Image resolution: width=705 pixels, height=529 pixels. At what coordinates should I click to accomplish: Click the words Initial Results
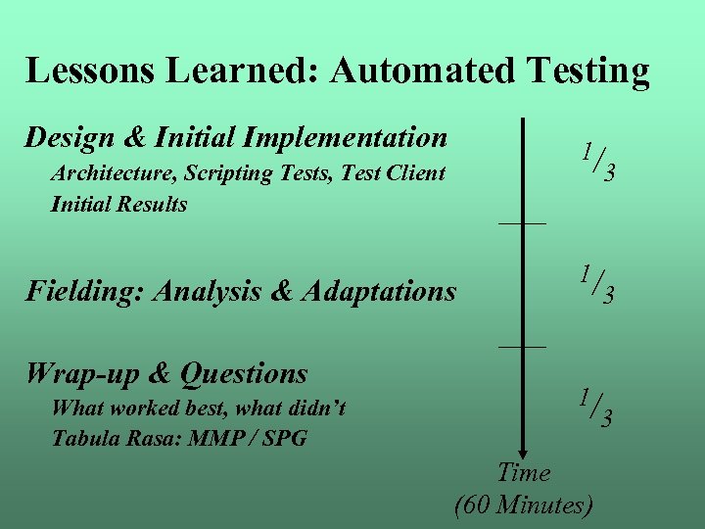118,205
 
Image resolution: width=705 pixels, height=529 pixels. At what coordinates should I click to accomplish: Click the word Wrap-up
79,374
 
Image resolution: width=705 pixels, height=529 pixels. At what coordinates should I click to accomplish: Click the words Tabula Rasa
110,438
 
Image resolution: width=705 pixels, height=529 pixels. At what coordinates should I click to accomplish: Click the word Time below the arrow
524,473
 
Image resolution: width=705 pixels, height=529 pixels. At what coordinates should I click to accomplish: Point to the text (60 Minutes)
524,505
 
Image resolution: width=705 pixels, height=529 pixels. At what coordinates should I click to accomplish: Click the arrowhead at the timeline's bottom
523,446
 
